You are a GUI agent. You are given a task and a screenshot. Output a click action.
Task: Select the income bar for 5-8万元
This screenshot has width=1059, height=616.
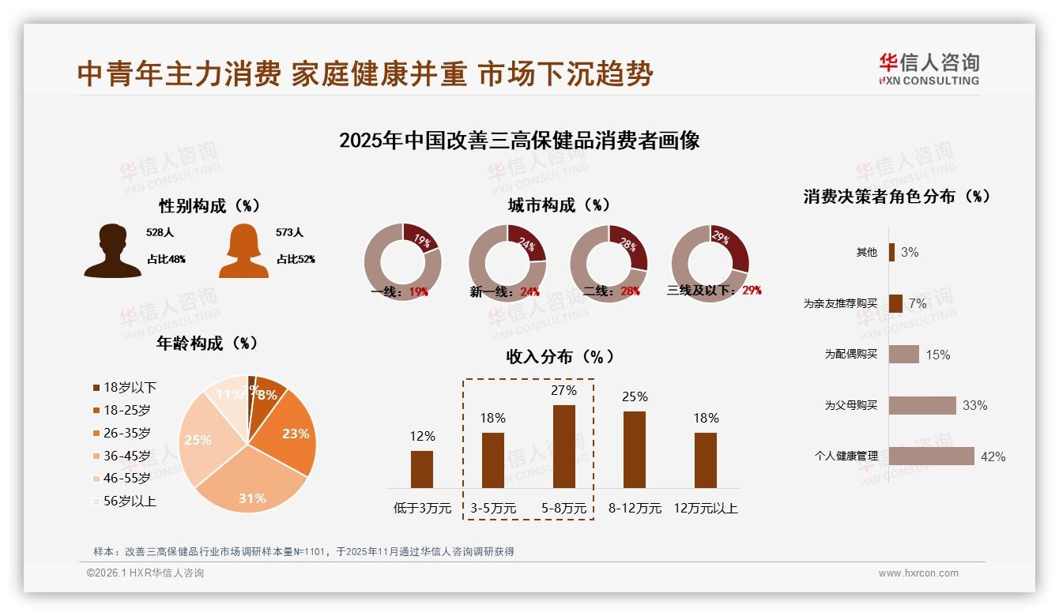pos(563,446)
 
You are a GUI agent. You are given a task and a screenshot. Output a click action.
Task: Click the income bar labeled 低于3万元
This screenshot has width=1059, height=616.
pos(422,469)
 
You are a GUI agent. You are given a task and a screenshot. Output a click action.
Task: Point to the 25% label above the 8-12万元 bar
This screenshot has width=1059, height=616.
pos(635,396)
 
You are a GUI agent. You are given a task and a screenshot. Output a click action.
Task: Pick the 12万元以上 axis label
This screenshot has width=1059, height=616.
pos(706,509)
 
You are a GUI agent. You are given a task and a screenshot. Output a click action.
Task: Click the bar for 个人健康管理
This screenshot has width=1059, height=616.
pos(931,456)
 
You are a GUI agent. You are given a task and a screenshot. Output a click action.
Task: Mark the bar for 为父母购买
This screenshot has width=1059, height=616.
pos(922,405)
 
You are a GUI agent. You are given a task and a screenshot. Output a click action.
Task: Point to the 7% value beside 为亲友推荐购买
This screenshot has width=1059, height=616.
pos(918,303)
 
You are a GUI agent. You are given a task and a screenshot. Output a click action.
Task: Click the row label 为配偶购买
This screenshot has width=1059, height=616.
pos(851,355)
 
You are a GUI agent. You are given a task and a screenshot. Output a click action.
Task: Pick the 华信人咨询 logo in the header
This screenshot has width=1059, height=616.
pos(929,69)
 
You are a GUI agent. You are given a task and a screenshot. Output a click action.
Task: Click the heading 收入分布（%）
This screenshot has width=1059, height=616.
pos(560,356)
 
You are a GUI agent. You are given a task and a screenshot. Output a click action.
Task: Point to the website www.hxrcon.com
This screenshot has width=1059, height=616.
pos(918,573)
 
